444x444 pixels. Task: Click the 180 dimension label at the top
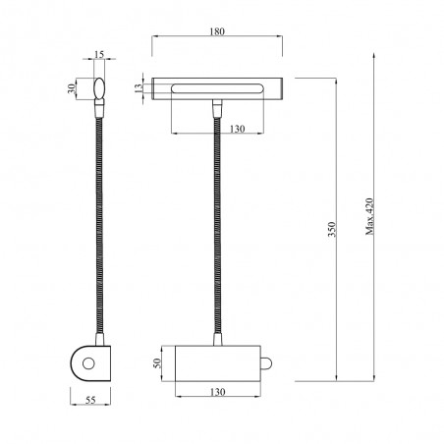tap(217, 32)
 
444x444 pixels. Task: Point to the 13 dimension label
tap(139, 88)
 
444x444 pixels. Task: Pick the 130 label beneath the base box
tap(217, 392)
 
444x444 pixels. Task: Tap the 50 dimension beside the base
tap(155, 364)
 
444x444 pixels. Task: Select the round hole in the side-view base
tap(87, 364)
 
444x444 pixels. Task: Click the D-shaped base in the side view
tap(90, 364)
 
